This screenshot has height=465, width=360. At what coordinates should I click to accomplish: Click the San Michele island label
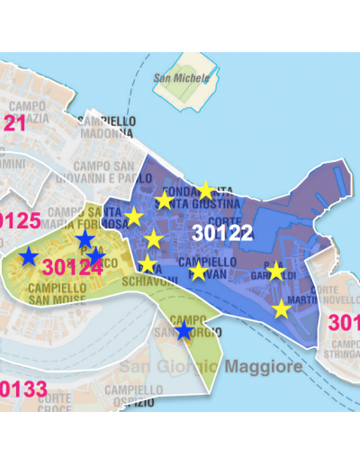(181, 77)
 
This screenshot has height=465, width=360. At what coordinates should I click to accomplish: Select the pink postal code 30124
(72, 267)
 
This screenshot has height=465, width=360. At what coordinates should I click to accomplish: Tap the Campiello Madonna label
(107, 126)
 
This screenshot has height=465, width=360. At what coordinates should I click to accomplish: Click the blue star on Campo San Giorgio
(184, 331)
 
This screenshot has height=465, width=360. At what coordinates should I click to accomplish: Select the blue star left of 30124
(29, 256)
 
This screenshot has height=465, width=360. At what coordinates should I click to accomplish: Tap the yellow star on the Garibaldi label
(275, 272)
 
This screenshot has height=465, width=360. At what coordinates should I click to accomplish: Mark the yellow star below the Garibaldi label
(282, 309)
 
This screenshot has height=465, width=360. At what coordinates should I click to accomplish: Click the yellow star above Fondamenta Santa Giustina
(205, 190)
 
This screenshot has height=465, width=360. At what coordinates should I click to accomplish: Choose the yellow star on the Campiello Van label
(199, 271)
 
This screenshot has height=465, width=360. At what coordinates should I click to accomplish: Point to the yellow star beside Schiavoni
(148, 264)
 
